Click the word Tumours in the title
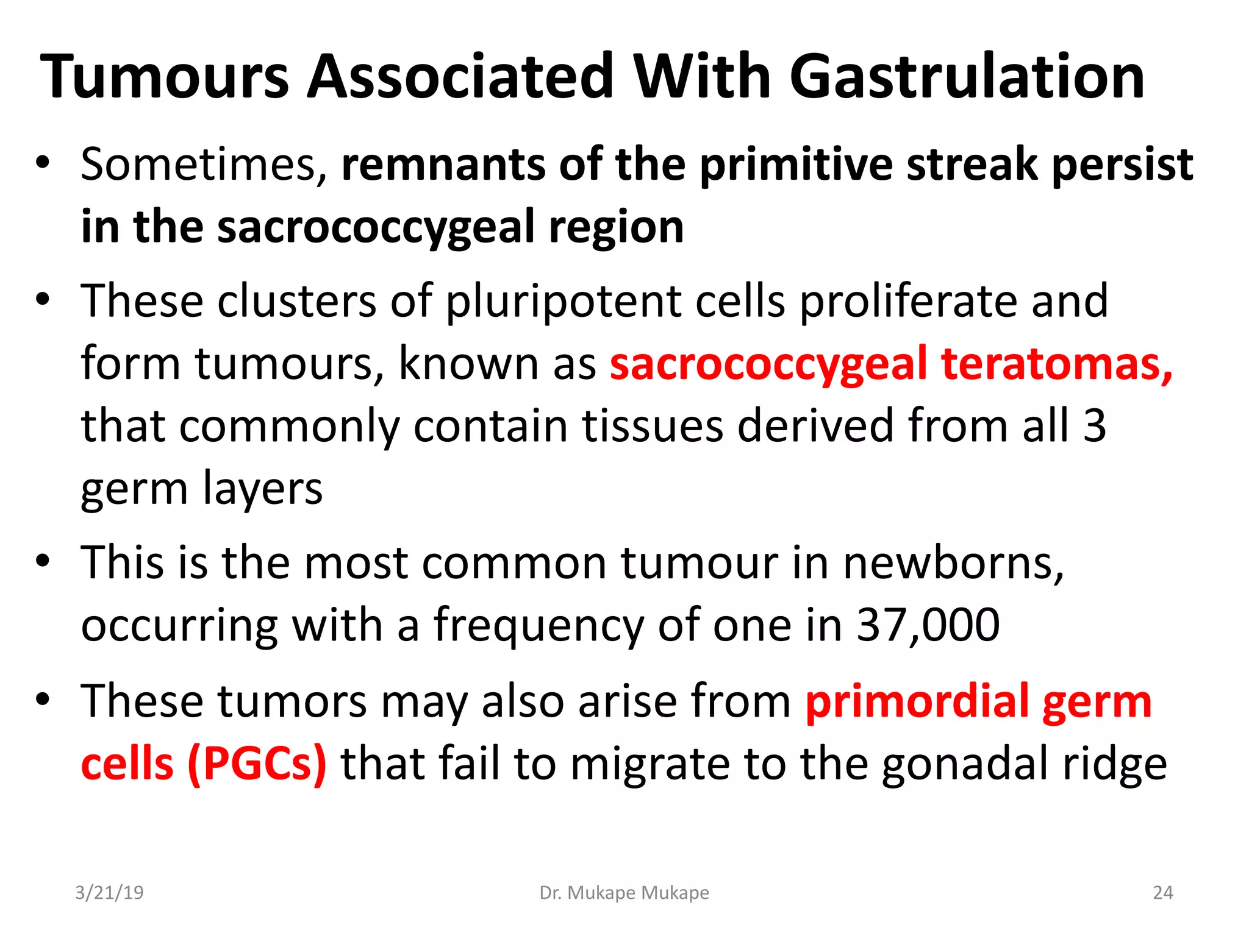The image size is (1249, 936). (165, 78)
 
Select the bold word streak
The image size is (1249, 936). (972, 165)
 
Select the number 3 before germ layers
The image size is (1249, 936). (1095, 426)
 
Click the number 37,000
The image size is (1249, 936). (928, 625)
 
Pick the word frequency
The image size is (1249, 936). (539, 625)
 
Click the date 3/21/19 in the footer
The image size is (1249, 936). (109, 893)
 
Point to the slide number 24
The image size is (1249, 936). (1162, 893)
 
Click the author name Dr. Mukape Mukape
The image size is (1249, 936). (624, 893)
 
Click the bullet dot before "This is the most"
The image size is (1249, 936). (42, 561)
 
